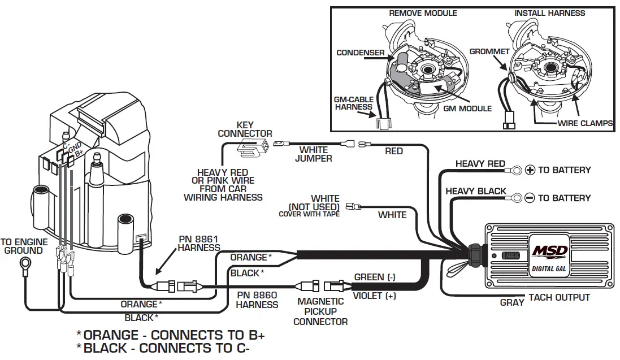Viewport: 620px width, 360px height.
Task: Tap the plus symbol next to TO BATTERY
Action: click(530, 170)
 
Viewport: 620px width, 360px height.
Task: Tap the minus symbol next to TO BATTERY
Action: click(530, 198)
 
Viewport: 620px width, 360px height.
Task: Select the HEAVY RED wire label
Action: click(480, 164)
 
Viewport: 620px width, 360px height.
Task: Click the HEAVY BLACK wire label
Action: click(476, 191)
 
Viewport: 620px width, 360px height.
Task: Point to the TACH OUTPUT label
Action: click(559, 297)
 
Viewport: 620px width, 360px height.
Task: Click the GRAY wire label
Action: click(512, 303)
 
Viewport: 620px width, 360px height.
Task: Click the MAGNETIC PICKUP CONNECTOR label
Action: click(320, 311)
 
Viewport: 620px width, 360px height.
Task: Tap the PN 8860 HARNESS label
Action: click(257, 300)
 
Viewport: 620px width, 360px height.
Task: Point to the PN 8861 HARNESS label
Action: click(199, 243)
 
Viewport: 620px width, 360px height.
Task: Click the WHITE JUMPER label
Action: click(314, 154)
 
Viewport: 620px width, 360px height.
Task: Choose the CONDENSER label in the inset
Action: click(361, 53)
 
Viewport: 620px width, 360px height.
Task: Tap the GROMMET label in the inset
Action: click(489, 51)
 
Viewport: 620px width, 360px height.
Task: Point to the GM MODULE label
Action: click(467, 108)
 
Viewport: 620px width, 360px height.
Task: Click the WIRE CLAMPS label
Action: click(585, 123)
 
